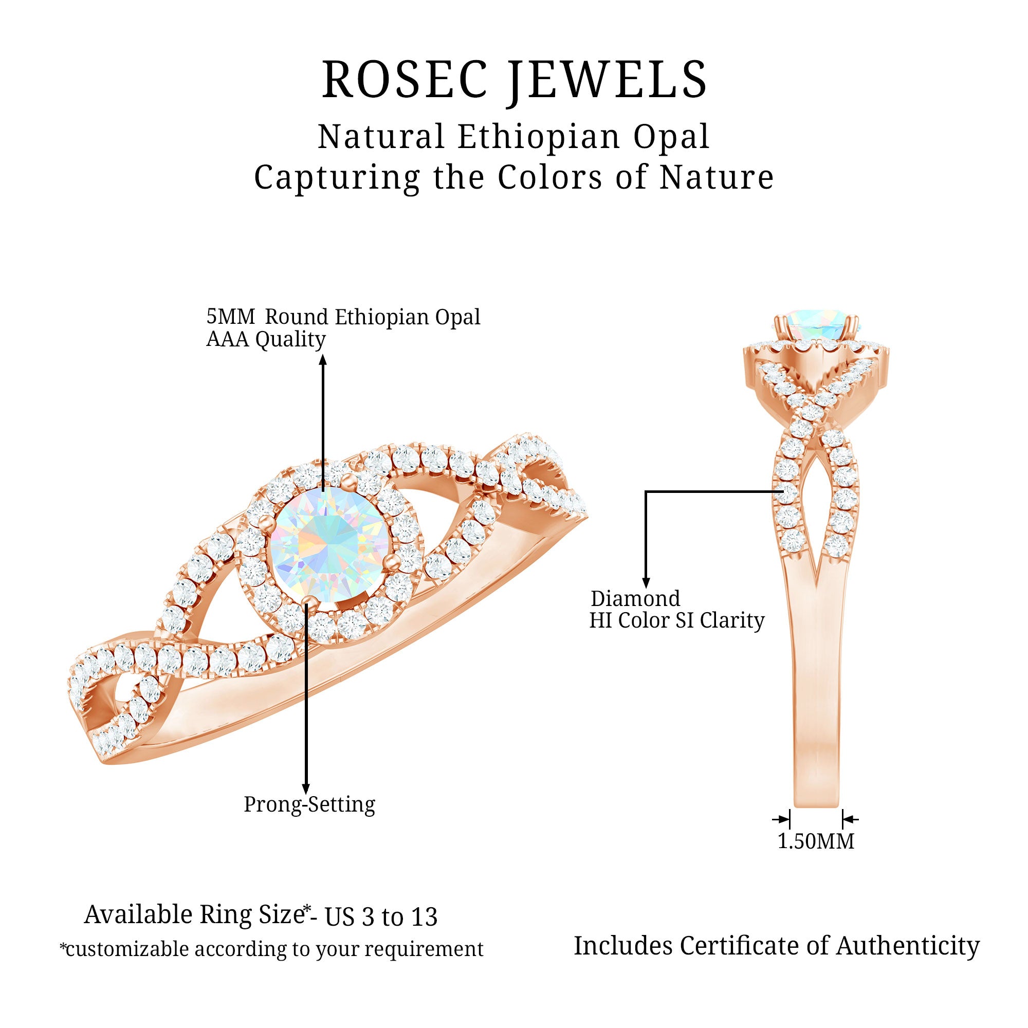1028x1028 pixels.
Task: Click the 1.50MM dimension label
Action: [x=816, y=841]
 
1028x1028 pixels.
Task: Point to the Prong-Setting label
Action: [x=309, y=804]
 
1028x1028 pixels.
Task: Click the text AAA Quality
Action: [x=266, y=339]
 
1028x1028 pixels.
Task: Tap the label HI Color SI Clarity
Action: [x=676, y=620]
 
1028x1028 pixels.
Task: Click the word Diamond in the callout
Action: [x=635, y=599]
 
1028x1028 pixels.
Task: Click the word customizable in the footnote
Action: [x=126, y=949]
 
